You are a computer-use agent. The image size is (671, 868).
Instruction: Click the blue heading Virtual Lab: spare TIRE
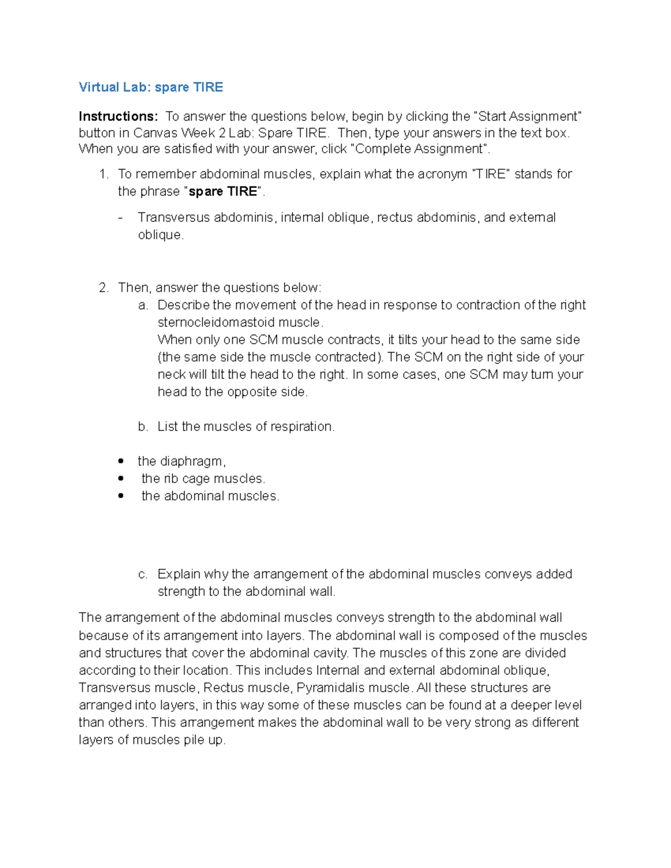pos(150,87)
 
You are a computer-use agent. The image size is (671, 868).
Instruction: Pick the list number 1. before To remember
pos(103,174)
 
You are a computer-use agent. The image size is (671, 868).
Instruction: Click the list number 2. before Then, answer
pos(103,288)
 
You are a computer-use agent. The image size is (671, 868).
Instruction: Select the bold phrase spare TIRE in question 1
pos(223,192)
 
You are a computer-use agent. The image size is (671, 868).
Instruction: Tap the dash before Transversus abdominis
pos(121,218)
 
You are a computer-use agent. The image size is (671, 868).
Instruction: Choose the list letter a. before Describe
pos(143,305)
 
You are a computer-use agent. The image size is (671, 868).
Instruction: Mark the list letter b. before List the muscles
pos(143,427)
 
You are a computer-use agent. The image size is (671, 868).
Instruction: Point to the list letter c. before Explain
pos(143,575)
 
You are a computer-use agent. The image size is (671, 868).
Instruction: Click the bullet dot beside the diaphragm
pos(121,462)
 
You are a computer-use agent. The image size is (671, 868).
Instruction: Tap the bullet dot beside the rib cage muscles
pos(121,479)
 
